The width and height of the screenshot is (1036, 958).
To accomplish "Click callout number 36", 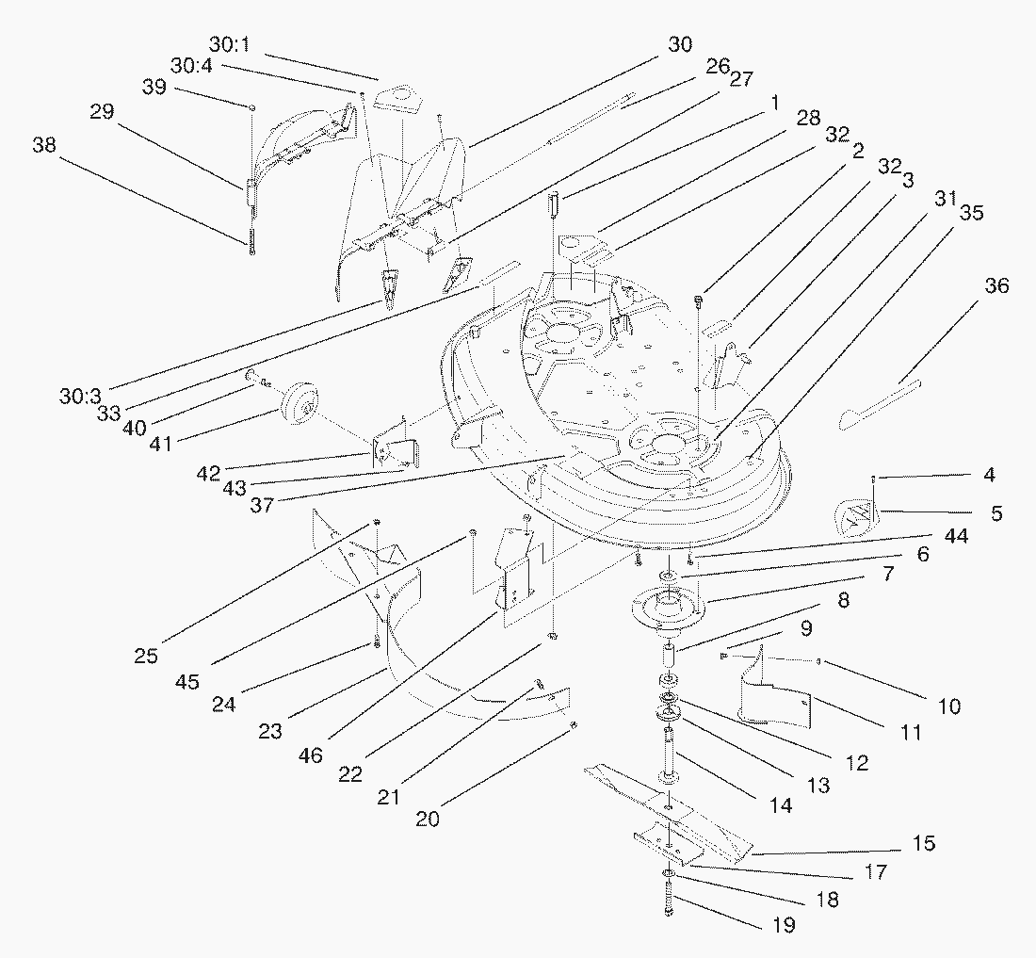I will (996, 285).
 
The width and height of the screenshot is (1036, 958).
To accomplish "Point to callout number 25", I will (146, 656).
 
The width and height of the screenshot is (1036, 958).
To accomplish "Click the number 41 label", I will (161, 442).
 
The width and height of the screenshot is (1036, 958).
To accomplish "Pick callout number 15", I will (924, 843).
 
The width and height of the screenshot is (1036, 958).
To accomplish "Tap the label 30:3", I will (81, 397).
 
